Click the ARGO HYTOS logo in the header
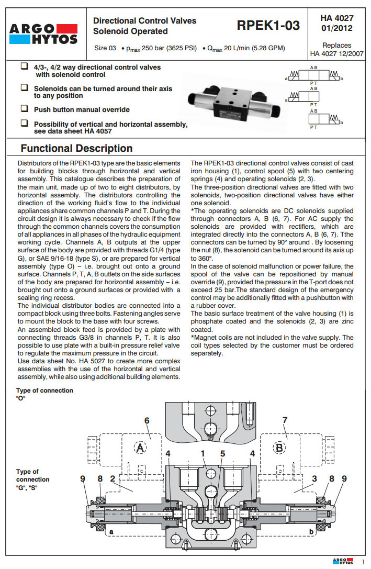click(43, 34)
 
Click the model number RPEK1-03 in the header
click(268, 25)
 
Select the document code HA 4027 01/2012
click(336, 23)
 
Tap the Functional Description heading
click(76, 148)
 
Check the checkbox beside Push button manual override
click(24, 109)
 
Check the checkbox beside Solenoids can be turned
click(24, 89)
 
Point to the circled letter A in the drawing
click(140, 448)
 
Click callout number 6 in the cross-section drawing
click(147, 420)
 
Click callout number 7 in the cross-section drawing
click(285, 420)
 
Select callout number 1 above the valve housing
click(202, 453)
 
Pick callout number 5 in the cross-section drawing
click(222, 453)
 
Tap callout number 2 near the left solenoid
click(113, 478)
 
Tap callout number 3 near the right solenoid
click(314, 478)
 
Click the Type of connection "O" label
click(44, 394)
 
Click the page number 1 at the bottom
click(363, 562)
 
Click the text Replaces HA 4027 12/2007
click(336, 49)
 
